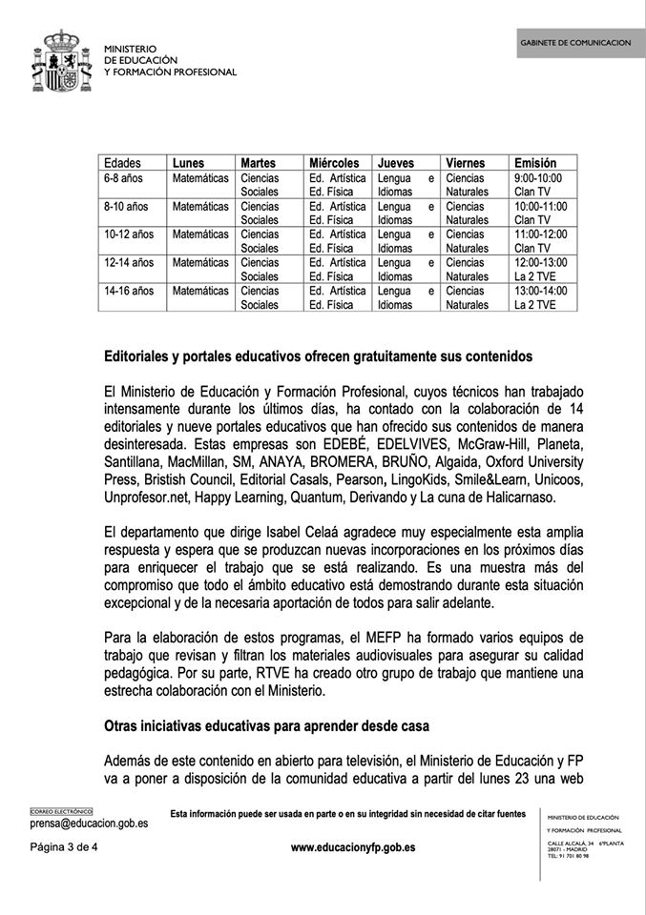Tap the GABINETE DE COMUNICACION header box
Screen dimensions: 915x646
[x=575, y=44]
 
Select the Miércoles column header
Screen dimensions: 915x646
[x=334, y=163]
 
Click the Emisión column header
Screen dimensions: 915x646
[x=534, y=163]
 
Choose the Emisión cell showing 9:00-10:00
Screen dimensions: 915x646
[x=537, y=178]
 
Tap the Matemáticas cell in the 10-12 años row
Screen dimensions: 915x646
[x=200, y=234]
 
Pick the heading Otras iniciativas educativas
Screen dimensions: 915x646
[x=266, y=725]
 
